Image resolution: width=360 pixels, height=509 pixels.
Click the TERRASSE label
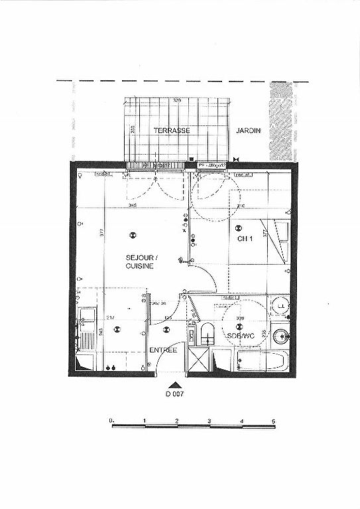(x=172, y=131)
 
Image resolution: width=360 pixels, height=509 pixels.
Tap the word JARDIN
(x=249, y=131)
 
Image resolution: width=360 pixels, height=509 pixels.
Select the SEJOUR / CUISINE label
(x=141, y=261)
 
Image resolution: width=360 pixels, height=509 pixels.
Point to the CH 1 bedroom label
(x=245, y=239)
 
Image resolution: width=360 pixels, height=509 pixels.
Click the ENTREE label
(x=162, y=350)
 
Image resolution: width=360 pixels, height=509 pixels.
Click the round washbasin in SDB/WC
(x=282, y=335)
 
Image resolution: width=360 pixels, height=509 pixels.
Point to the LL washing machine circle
(x=281, y=306)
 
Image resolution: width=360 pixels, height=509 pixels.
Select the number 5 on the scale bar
(x=273, y=421)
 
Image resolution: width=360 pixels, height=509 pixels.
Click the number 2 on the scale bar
(x=177, y=421)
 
